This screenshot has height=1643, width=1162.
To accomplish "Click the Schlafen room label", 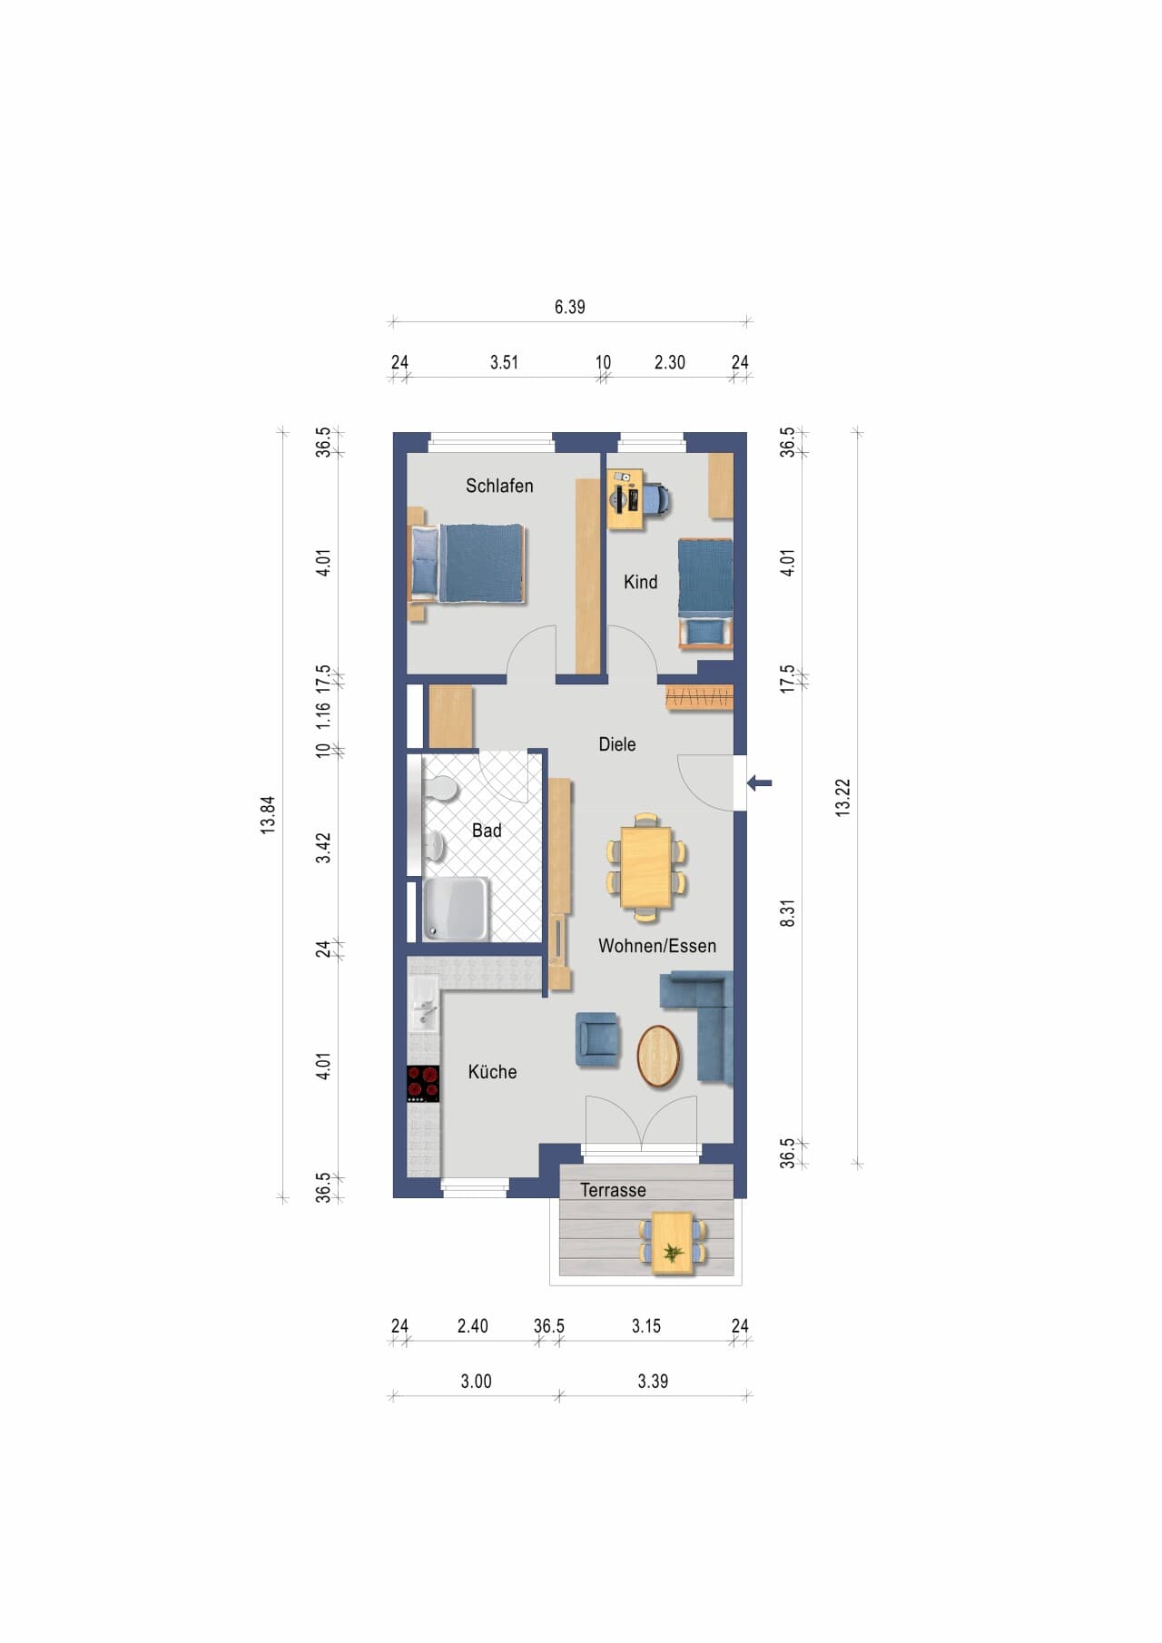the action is [499, 486].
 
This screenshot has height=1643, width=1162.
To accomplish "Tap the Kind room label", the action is [640, 582].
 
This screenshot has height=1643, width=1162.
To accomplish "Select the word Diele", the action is [617, 744].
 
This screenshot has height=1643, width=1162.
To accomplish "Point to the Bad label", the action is [487, 830].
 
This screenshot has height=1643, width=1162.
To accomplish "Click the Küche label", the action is [492, 1071].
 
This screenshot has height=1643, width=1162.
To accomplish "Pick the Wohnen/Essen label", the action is [657, 946].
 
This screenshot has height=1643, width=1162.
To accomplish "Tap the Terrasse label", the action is [613, 1190].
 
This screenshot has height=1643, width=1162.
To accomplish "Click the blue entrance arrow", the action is [759, 782].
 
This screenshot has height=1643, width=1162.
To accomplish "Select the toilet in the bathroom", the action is [439, 789].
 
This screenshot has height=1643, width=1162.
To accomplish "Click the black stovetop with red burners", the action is [423, 1084].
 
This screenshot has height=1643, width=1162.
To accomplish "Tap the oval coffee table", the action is [658, 1056].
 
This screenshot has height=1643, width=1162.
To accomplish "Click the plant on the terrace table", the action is [673, 1253].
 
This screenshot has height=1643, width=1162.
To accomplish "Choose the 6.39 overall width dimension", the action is [570, 307].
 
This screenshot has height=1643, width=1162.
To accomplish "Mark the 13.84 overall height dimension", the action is [268, 815].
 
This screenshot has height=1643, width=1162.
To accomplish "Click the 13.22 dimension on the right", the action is [842, 798].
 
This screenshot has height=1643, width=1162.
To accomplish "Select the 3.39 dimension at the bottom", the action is [653, 1381].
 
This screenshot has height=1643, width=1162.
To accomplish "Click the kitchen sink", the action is [424, 1002].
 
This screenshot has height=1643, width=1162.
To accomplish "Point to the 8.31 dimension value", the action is [787, 913].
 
